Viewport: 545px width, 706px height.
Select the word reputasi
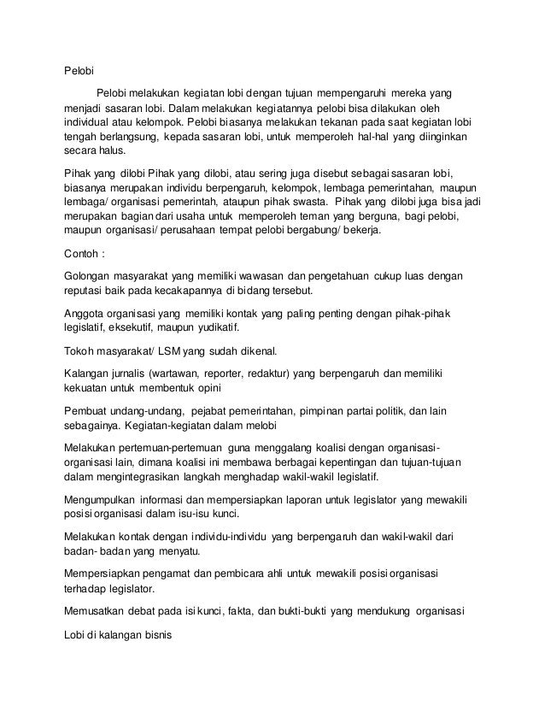click(90, 292)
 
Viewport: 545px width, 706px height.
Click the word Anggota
click(87, 315)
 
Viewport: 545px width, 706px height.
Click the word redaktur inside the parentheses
click(267, 373)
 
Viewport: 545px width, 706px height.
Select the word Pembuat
click(88, 411)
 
